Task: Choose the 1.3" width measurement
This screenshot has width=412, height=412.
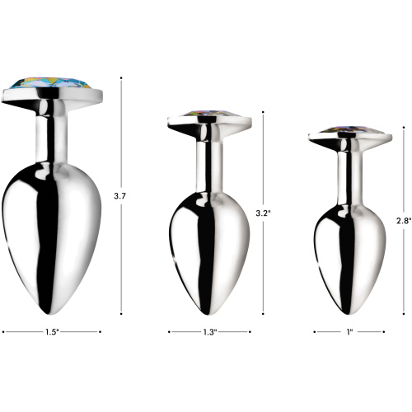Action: point(209,332)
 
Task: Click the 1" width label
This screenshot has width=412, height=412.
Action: point(349,332)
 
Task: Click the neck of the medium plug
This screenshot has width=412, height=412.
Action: point(208,161)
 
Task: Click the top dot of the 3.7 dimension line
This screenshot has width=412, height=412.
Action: point(122,78)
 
